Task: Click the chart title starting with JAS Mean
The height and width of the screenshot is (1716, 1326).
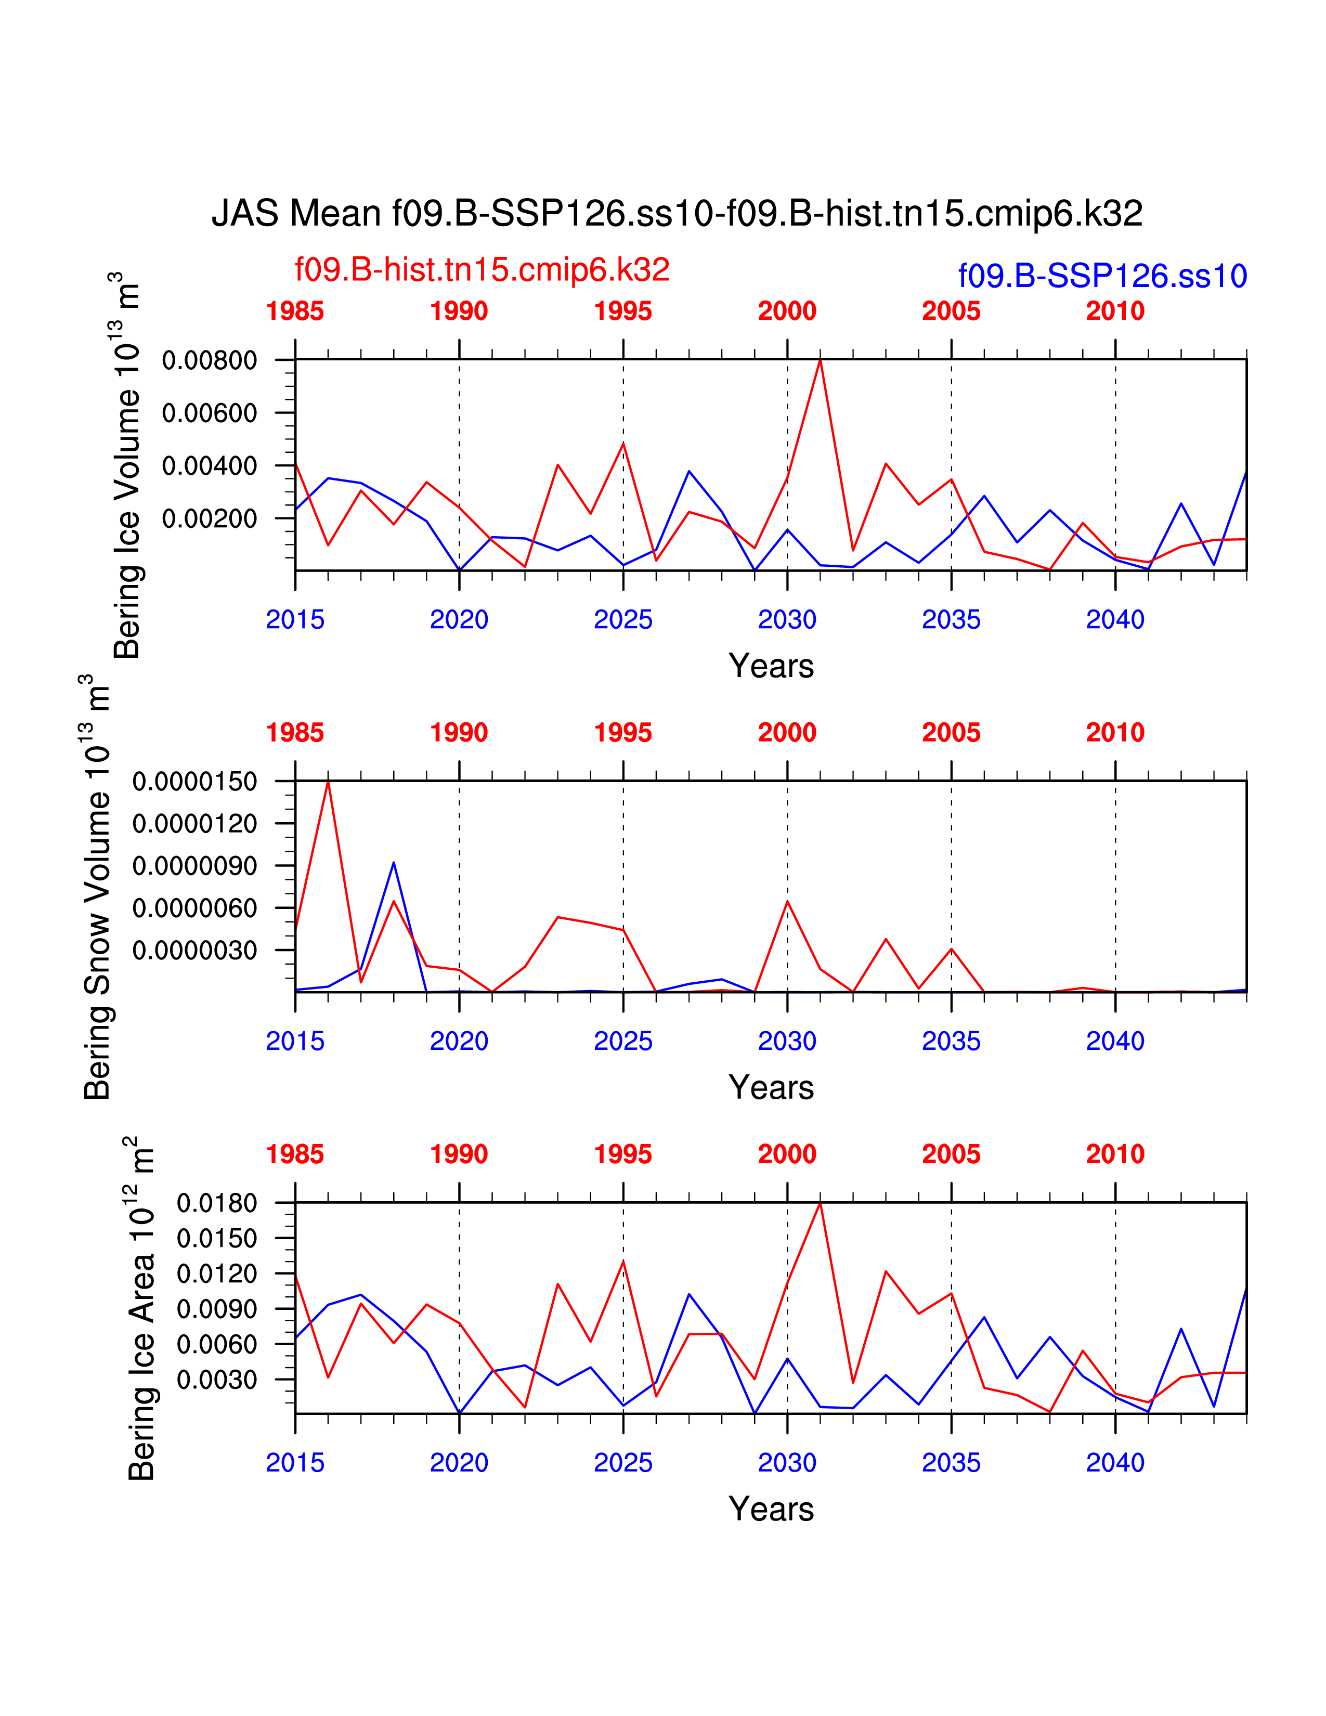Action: coord(677,214)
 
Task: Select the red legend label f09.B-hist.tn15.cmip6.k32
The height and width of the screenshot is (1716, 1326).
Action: coord(482,269)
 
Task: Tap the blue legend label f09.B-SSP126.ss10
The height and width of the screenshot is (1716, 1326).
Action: coord(1102,276)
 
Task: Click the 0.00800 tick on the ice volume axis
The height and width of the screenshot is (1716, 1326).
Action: coord(209,361)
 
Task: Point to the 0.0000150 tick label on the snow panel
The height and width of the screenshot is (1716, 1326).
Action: coord(195,782)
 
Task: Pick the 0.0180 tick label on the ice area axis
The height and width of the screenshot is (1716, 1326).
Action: coord(217,1203)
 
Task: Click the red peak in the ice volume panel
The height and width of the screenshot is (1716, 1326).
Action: coord(820,361)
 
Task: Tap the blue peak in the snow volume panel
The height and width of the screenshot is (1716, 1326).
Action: coord(394,863)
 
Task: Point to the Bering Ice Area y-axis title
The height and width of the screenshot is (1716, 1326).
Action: coord(141,1308)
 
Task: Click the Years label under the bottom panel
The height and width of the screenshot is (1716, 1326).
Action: coord(771,1509)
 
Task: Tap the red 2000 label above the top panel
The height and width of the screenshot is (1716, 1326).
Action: coord(787,311)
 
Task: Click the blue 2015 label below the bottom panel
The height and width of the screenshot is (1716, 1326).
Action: coord(295,1462)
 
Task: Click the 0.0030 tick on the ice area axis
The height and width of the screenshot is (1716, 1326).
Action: coord(217,1379)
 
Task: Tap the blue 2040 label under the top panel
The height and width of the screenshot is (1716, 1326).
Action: coord(1115,620)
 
